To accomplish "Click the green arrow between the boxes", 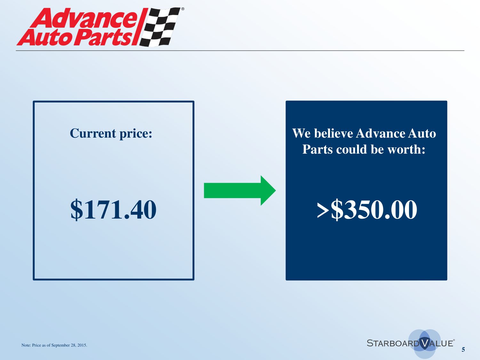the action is point(240,190).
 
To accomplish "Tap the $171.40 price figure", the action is point(113,209).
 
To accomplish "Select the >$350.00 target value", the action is point(367,209).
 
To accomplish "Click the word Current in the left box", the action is point(93,133).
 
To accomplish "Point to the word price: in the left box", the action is point(136,134).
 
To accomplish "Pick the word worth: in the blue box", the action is point(406,149).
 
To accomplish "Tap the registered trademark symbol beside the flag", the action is point(183,9).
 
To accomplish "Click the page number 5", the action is point(463,349).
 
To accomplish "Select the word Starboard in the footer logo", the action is point(393,343).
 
